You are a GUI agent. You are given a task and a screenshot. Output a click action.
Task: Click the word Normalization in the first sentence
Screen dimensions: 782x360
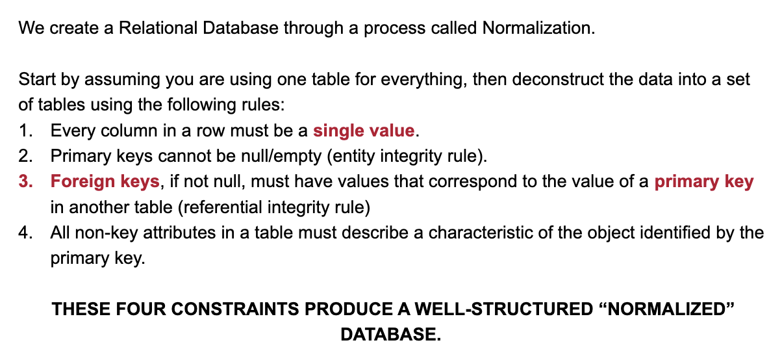click(538, 28)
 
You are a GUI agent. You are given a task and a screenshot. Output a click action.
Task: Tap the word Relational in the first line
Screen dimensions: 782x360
click(158, 28)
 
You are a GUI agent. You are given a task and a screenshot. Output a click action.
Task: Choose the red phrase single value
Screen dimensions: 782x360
click(364, 131)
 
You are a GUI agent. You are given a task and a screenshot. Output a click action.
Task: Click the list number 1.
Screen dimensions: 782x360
click(25, 131)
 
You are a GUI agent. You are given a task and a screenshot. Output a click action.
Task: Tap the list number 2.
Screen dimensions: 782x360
click(25, 156)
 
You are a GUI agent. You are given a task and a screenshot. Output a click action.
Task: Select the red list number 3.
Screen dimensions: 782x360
click(25, 181)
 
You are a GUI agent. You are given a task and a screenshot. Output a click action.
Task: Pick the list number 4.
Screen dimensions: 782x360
click(25, 233)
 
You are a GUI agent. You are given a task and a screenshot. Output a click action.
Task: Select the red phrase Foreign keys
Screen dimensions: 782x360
click(105, 182)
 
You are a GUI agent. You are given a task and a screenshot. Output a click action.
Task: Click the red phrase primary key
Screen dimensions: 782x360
click(704, 182)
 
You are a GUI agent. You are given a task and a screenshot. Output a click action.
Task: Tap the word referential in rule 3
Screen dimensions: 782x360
click(221, 208)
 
